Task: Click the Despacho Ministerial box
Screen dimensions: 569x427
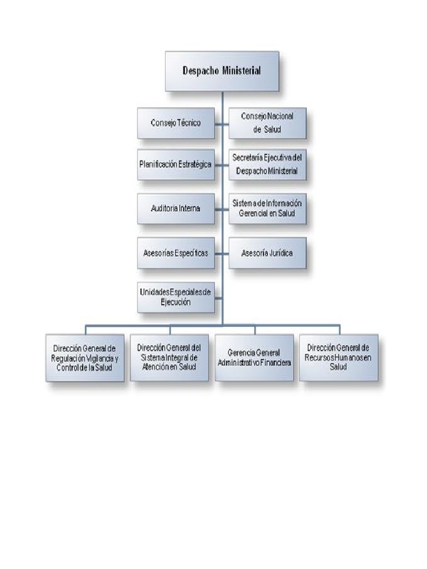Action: (x=222, y=71)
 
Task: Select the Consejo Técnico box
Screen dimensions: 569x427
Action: (x=176, y=123)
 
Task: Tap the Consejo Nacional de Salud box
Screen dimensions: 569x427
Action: (x=267, y=123)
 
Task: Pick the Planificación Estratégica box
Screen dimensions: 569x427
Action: (x=176, y=164)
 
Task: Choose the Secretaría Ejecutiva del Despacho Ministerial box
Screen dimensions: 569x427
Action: (x=267, y=164)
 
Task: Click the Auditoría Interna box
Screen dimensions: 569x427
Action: (x=176, y=208)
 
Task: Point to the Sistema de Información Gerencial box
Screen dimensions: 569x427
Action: (x=267, y=208)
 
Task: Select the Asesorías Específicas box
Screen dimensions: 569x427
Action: (x=176, y=253)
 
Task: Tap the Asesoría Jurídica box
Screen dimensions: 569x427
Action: (x=267, y=253)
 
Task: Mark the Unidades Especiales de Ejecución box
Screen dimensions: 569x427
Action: (x=176, y=297)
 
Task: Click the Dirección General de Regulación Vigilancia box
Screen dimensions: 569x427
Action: (x=85, y=357)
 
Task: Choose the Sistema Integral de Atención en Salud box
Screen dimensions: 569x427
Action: (x=169, y=357)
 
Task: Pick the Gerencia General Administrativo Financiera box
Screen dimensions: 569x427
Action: (x=254, y=357)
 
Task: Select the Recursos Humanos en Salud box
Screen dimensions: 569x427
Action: (x=338, y=357)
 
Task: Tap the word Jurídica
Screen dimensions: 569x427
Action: (x=280, y=253)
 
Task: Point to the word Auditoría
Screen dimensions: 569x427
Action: (x=164, y=208)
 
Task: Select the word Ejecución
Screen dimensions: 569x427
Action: (x=176, y=302)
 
